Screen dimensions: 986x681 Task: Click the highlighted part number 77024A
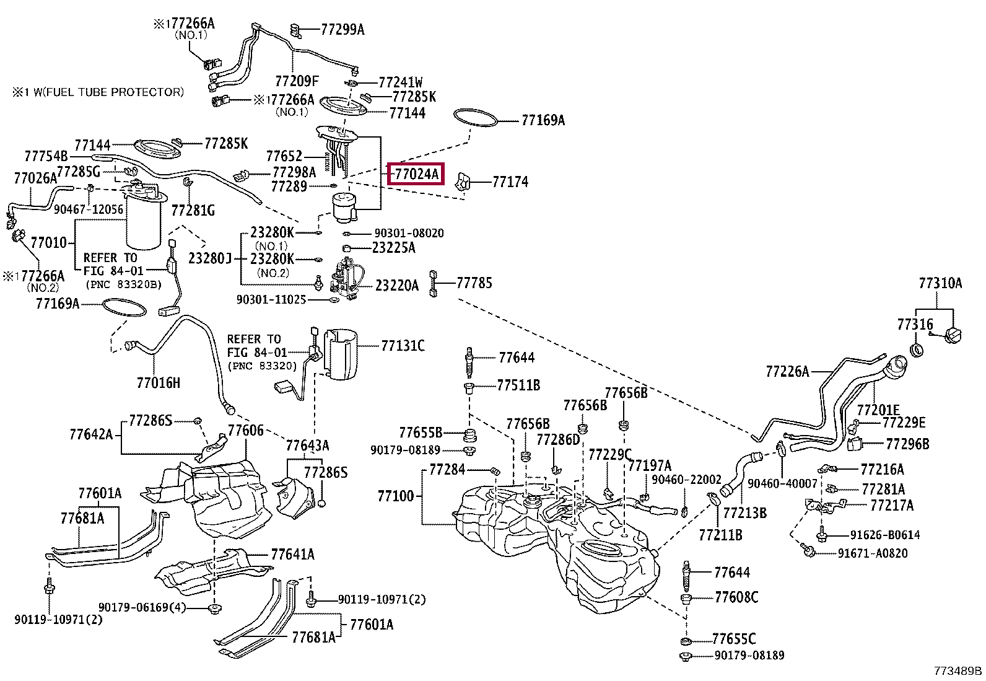(x=416, y=174)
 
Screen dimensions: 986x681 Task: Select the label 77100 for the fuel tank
(x=396, y=496)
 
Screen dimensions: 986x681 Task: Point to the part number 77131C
(x=403, y=346)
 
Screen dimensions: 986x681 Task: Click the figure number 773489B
(x=958, y=671)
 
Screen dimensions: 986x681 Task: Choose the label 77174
(x=510, y=182)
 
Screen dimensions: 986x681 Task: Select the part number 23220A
(x=396, y=286)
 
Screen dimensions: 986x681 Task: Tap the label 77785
(x=474, y=283)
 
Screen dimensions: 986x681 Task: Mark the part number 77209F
(x=297, y=81)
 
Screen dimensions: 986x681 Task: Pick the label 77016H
(x=159, y=383)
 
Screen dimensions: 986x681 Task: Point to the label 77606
(x=246, y=431)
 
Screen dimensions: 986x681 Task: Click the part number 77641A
(x=293, y=554)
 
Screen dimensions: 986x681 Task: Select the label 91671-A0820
(x=873, y=553)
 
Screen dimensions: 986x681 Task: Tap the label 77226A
(x=787, y=372)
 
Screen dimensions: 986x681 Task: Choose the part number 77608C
(x=736, y=597)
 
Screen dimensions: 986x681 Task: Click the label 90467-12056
(x=89, y=209)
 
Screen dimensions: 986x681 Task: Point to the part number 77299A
(x=342, y=30)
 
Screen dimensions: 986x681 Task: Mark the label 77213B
(x=745, y=512)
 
